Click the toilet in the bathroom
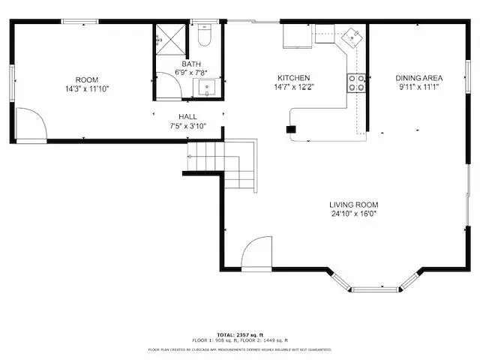[205, 37]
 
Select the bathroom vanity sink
[205, 88]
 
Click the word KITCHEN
[293, 78]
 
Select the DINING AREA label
[419, 78]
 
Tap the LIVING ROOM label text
[354, 205]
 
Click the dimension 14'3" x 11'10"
[87, 89]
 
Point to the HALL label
[187, 117]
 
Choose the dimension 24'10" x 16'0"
[354, 214]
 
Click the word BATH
[190, 64]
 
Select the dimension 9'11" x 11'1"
[419, 87]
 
